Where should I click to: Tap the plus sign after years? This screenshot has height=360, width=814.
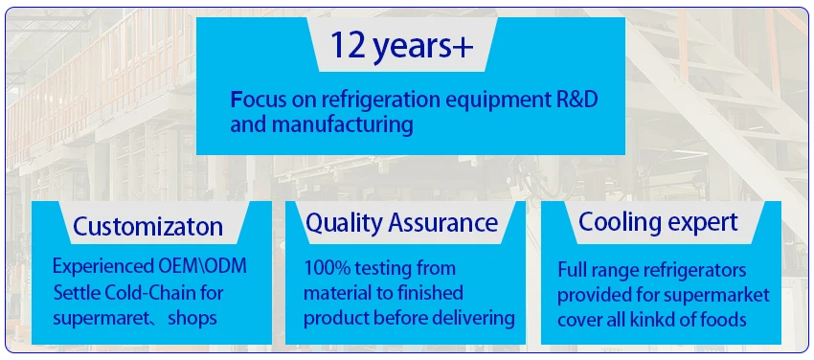(x=463, y=47)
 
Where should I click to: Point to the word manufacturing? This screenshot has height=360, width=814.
(x=343, y=125)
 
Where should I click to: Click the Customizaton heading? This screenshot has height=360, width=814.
(x=147, y=226)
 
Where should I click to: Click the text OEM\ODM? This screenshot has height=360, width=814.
(x=202, y=266)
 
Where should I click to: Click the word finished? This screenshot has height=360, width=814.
(x=428, y=293)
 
